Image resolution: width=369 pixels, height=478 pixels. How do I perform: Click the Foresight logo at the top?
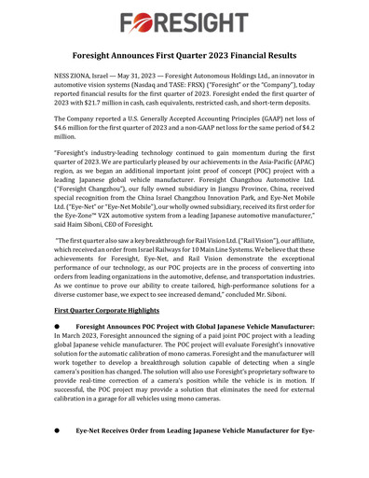(x=184, y=20)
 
